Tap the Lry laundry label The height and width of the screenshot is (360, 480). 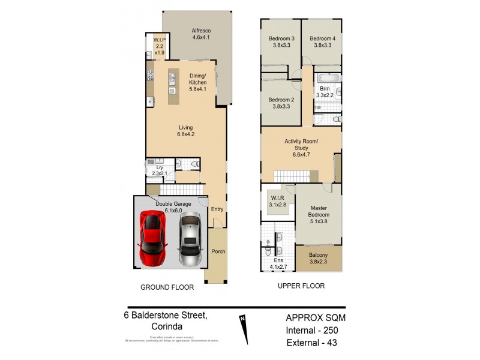158,170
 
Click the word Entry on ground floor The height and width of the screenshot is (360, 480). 217,209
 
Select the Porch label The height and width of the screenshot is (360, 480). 218,251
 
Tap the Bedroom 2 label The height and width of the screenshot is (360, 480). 280,103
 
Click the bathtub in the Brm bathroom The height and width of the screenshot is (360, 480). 328,78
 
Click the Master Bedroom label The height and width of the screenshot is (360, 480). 319,212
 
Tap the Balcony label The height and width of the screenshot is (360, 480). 319,256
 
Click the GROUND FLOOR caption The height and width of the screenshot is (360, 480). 167,287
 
